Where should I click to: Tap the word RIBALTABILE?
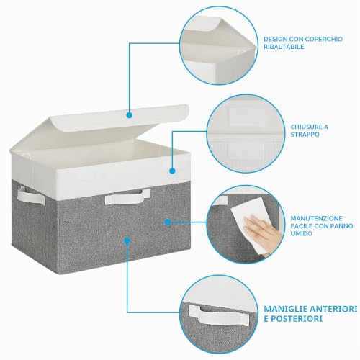pyautogui.click(x=284, y=47)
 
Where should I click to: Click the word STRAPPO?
pyautogui.click(x=305, y=135)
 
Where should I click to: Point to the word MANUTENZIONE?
pyautogui.click(x=317, y=218)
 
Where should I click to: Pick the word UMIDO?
pyautogui.click(x=302, y=233)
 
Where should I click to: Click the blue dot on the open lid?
pyautogui.click(x=130, y=115)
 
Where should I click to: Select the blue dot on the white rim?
pyautogui.click(x=172, y=171)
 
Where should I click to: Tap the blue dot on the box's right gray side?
pyautogui.click(x=168, y=222)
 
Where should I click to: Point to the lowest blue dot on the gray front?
pyautogui.click(x=127, y=240)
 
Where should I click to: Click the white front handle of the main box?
pyautogui.click(x=127, y=197)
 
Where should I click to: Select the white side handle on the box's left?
pyautogui.click(x=31, y=196)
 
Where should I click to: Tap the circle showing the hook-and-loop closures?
pyautogui.click(x=246, y=134)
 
